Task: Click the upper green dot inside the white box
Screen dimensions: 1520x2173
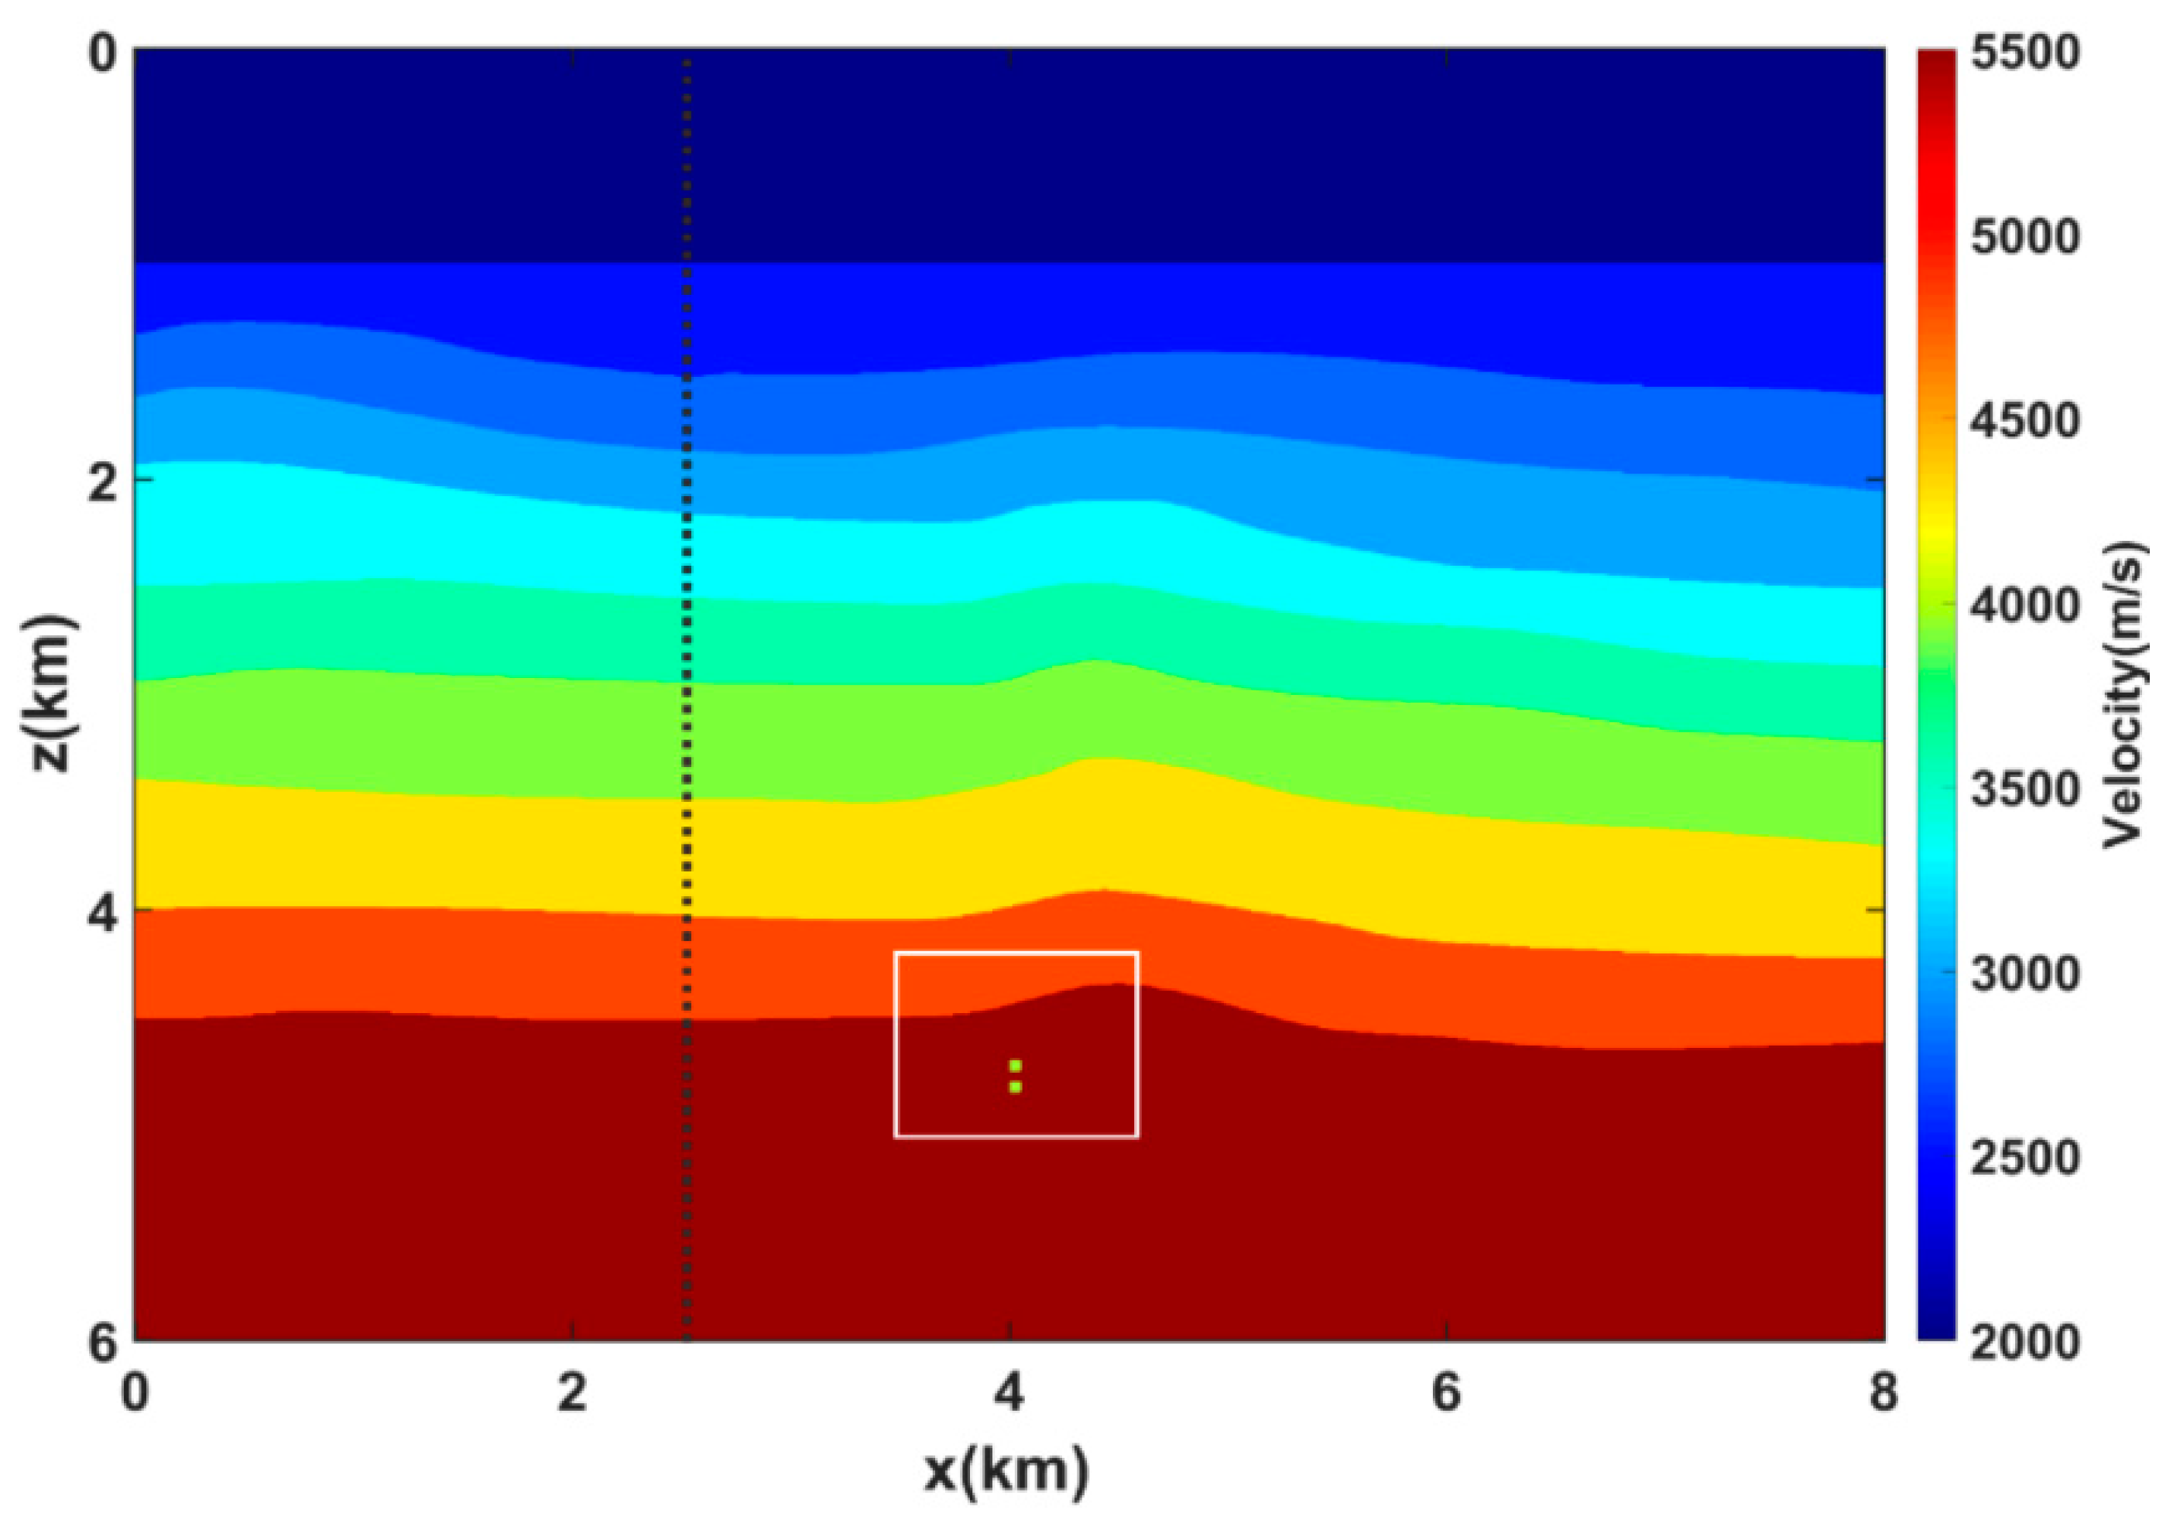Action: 1015,1066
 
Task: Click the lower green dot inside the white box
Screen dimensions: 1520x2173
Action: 1015,1087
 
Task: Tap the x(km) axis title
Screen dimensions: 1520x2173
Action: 1007,1470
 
